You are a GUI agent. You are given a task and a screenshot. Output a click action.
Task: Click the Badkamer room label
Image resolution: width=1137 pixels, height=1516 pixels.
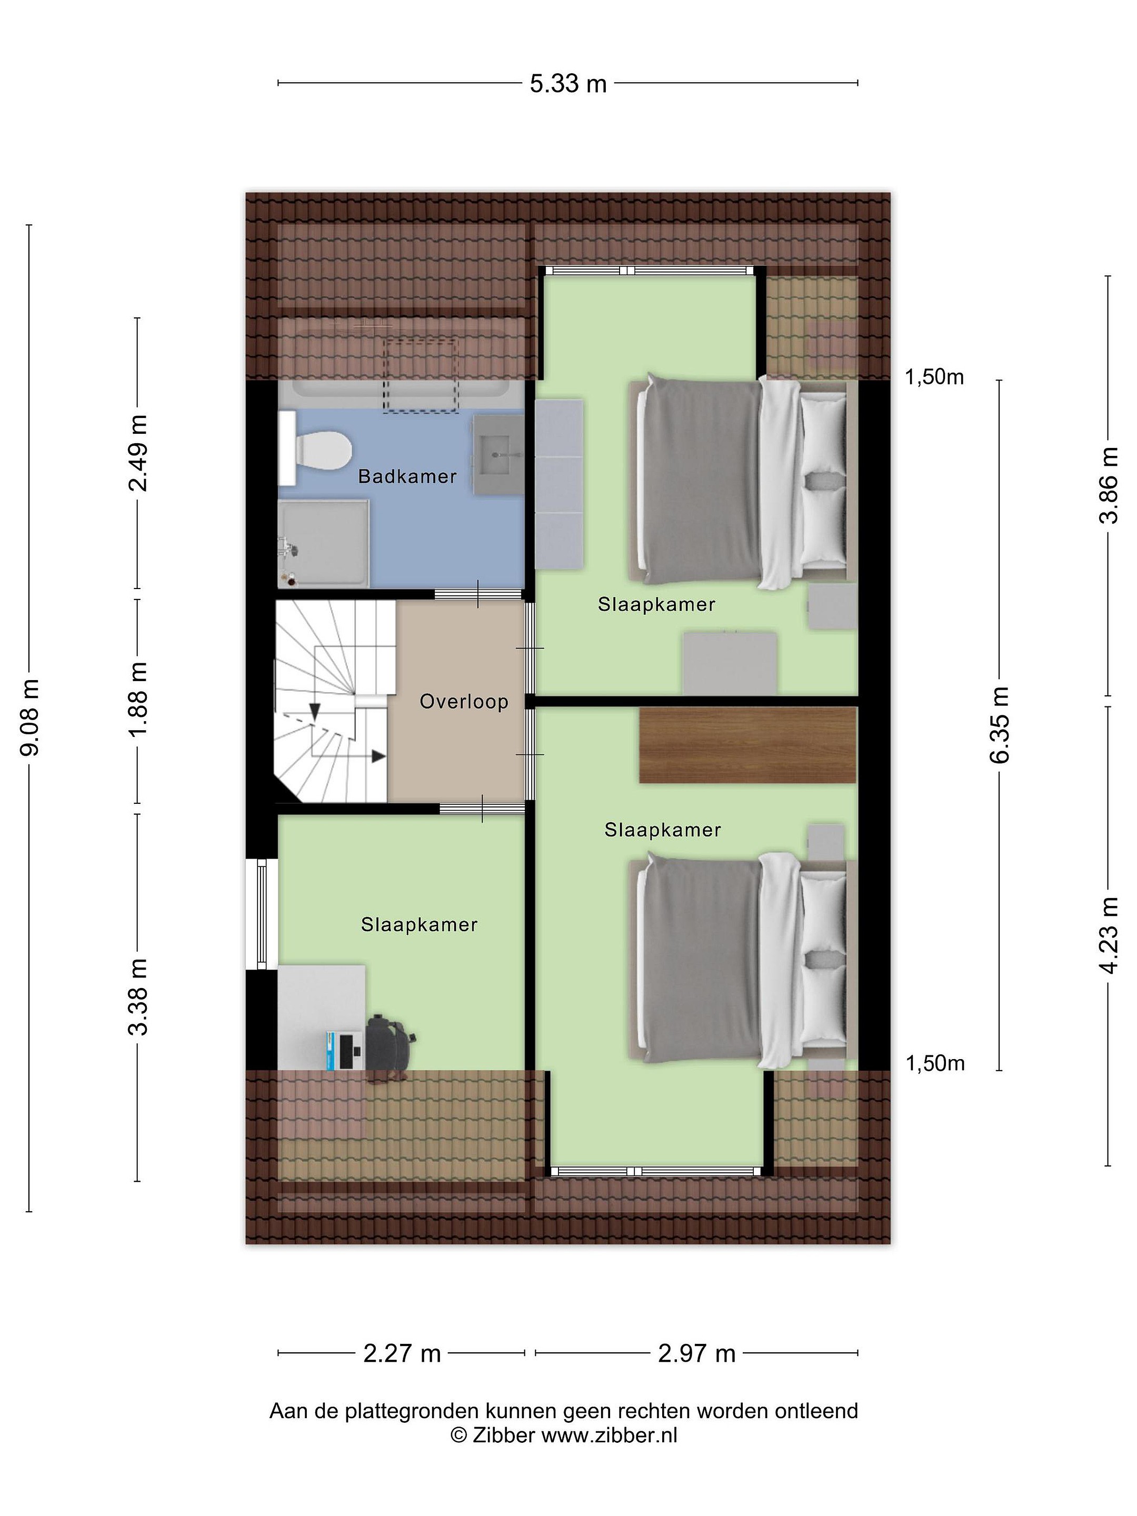click(x=407, y=476)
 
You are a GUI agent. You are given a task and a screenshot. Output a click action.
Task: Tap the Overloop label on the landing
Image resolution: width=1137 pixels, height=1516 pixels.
click(x=464, y=702)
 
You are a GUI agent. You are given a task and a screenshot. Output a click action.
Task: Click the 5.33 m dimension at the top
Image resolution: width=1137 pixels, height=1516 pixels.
click(x=568, y=84)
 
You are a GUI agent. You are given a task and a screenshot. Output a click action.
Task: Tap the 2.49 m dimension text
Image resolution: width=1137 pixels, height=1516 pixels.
click(x=138, y=453)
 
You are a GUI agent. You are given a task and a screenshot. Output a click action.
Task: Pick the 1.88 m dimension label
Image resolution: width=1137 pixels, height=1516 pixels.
click(x=138, y=701)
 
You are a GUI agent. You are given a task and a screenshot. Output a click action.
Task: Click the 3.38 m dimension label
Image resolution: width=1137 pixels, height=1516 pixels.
click(x=138, y=996)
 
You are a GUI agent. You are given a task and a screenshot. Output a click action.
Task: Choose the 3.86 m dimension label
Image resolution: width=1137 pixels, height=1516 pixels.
click(x=1108, y=485)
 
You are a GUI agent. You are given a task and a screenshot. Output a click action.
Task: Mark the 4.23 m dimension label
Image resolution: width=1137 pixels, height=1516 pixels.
click(x=1108, y=935)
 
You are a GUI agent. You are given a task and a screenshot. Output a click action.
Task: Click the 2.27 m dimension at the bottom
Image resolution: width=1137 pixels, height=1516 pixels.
click(x=402, y=1353)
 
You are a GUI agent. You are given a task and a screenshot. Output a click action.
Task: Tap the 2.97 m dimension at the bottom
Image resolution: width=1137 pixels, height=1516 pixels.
click(x=696, y=1353)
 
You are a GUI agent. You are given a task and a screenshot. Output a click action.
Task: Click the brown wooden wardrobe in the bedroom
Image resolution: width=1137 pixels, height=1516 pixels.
click(x=747, y=745)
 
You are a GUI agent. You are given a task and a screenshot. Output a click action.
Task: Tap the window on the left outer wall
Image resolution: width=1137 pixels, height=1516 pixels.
click(x=261, y=914)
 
